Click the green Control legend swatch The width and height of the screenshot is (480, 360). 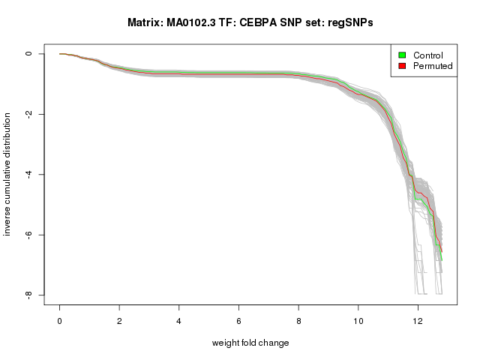(x=402, y=55)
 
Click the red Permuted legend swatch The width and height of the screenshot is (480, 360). (x=402, y=66)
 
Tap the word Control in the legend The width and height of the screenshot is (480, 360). (x=428, y=55)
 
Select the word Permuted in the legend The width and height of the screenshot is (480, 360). (x=433, y=66)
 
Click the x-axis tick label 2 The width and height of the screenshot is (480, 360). (x=119, y=319)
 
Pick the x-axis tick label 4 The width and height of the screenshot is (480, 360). (x=179, y=319)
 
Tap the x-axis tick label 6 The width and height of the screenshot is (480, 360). (x=239, y=319)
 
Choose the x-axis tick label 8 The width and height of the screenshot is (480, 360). (x=298, y=319)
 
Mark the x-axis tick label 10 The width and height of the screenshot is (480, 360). (x=358, y=319)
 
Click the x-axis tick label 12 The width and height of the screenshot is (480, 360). (x=418, y=319)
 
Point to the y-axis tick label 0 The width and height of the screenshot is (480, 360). (x=28, y=54)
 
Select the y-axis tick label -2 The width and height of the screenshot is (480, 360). (x=28, y=114)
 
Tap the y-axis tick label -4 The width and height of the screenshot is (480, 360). (x=28, y=175)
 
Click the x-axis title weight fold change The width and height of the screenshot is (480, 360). (x=250, y=343)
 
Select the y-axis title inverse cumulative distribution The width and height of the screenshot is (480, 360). (x=8, y=174)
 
